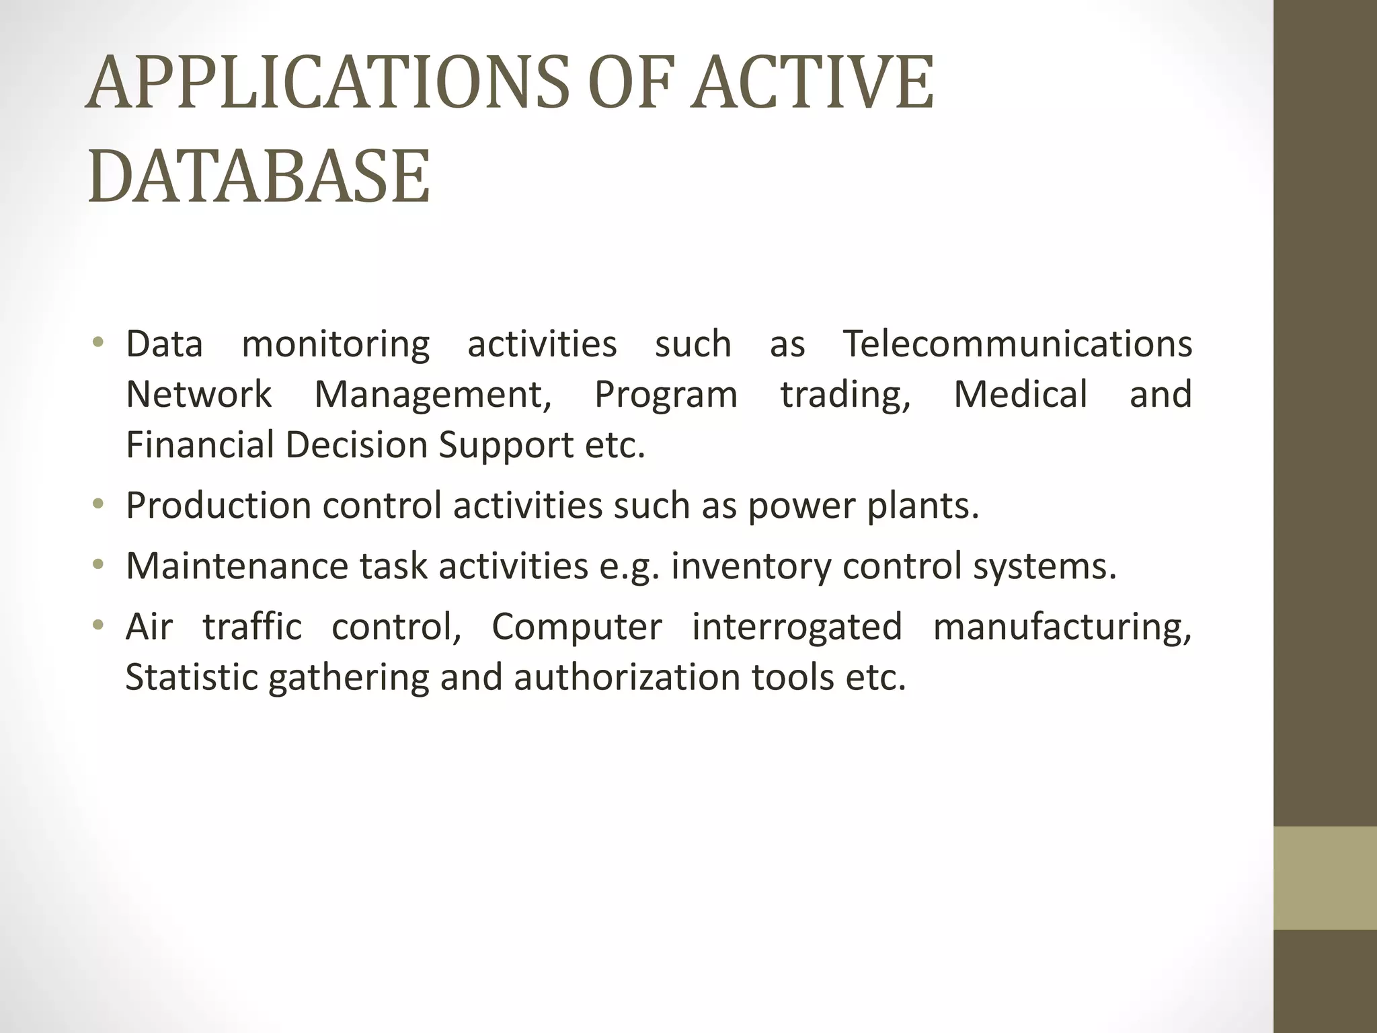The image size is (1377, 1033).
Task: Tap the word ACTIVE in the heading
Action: click(813, 83)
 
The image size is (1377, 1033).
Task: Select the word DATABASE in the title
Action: click(259, 177)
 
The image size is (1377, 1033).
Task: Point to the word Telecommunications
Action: click(1017, 344)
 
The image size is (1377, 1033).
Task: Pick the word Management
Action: click(433, 395)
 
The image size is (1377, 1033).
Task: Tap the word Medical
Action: click(1020, 394)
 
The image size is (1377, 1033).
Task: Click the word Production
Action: click(218, 506)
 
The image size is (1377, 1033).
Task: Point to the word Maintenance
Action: click(237, 566)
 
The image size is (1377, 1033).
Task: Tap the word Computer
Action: click(577, 627)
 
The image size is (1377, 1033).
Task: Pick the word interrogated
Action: click(797, 627)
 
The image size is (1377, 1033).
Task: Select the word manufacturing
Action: click(1062, 627)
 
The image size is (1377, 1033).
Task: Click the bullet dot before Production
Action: click(99, 504)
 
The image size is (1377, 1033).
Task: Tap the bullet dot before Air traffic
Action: click(99, 625)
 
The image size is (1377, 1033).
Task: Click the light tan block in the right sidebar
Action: click(1325, 878)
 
